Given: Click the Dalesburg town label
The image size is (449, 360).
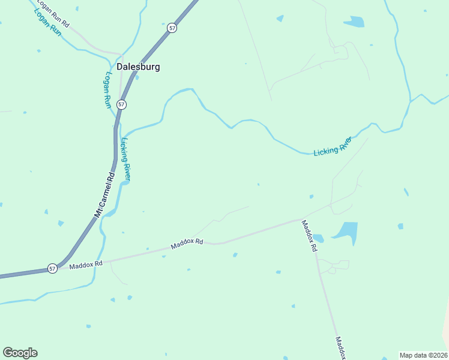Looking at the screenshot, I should tap(138, 67).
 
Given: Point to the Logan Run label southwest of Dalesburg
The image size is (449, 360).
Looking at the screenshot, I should tap(108, 90).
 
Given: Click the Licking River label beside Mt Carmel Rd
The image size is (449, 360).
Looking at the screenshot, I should tap(125, 160).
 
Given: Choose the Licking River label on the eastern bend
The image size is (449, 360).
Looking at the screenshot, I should tap(333, 146).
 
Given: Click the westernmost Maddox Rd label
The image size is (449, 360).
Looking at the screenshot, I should tap(86, 264).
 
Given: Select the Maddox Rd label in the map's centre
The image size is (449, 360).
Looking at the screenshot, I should tap(187, 244).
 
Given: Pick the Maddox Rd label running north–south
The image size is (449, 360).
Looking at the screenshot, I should tap(309, 236).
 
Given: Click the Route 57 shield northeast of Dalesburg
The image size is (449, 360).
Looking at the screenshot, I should tap(172, 28).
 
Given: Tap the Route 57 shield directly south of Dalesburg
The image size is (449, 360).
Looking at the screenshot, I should tap(122, 104).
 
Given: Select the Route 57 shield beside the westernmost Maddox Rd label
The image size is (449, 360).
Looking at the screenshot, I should tap(53, 268).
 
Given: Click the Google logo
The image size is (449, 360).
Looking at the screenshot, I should tap(20, 353).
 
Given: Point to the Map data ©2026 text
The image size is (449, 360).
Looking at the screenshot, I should tap(424, 355).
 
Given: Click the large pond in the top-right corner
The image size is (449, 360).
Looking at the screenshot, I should tap(354, 22).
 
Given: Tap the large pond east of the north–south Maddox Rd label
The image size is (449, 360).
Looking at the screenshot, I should tap(345, 232).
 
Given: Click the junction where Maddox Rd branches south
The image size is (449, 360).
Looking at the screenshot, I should tap(302, 220).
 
